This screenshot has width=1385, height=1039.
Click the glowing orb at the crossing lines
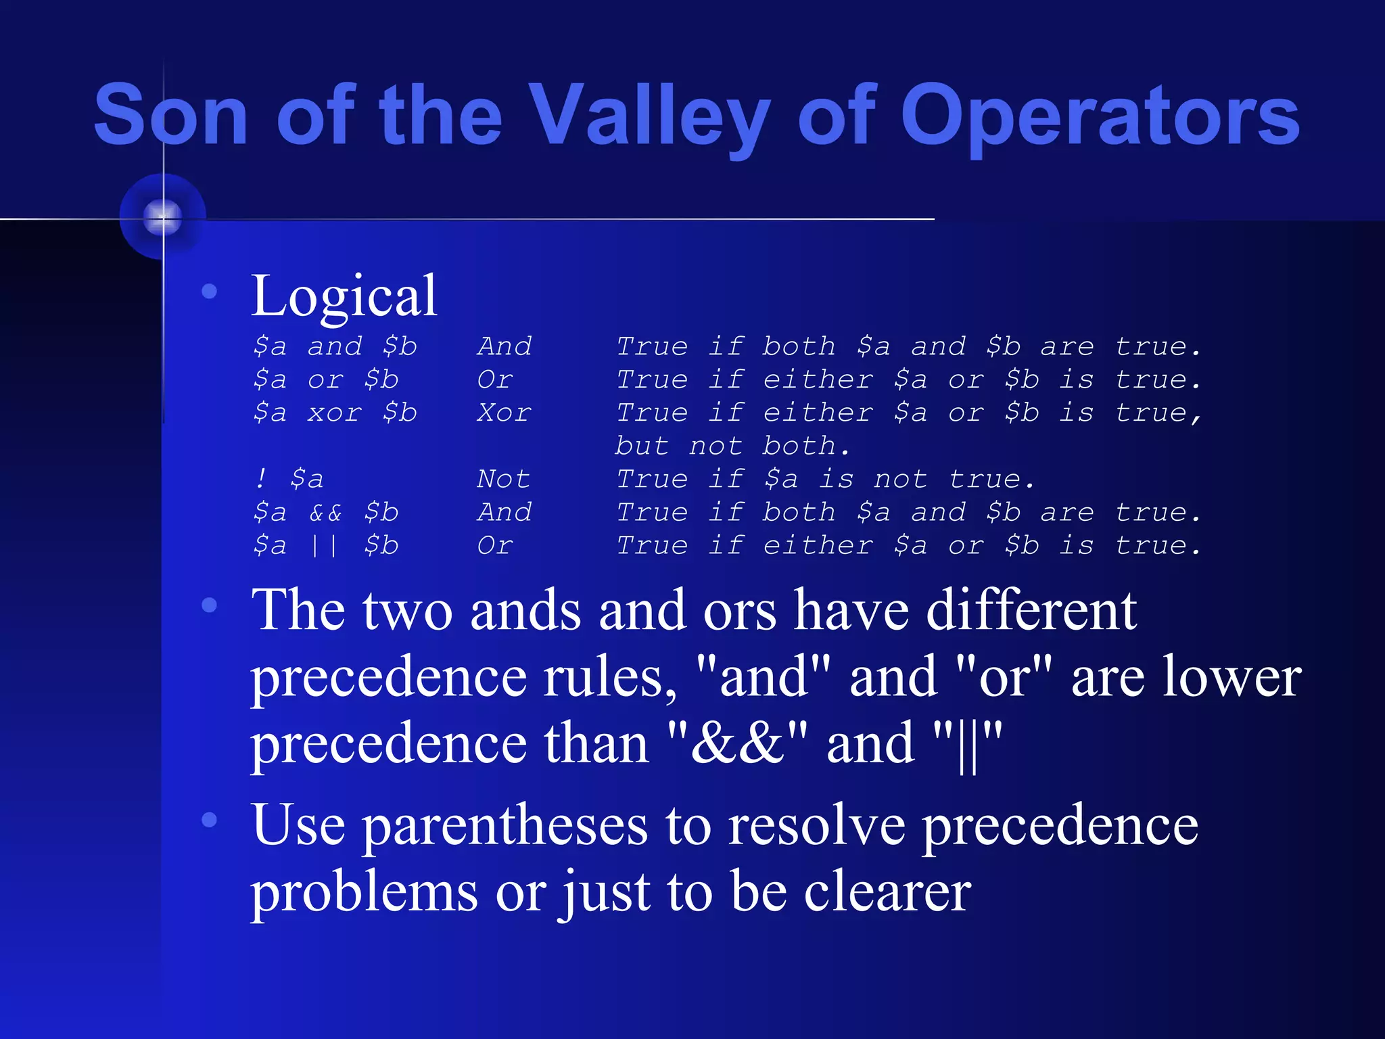point(163,217)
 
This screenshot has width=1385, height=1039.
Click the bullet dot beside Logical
point(210,292)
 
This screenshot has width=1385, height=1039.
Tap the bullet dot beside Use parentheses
point(210,820)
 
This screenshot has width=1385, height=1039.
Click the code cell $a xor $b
point(335,413)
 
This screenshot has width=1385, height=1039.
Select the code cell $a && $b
point(325,512)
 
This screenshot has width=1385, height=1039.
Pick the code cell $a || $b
point(325,545)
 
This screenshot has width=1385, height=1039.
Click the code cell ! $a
point(289,479)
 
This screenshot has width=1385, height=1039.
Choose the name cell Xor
point(504,413)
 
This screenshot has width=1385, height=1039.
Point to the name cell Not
point(503,479)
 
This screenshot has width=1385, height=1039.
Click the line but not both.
point(732,446)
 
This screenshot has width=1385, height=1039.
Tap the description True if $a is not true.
point(825,479)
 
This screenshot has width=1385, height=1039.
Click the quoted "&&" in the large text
point(736,743)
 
